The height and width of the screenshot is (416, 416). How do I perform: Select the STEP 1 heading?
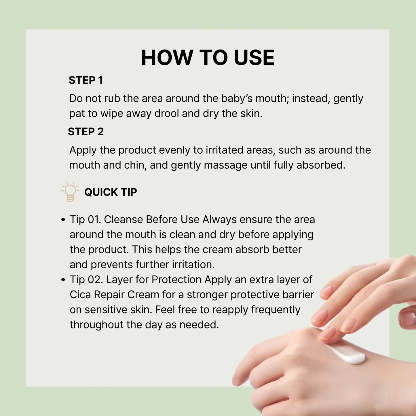coord(86,80)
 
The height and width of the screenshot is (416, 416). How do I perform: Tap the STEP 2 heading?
coord(86,132)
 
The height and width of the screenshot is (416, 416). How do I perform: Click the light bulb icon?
coord(70,192)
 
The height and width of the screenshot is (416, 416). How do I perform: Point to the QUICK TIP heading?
coord(111,192)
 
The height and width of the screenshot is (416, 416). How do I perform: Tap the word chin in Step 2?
coord(135,165)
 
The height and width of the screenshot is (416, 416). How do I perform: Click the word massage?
coord(226,166)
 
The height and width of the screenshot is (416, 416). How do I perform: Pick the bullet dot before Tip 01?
coord(63,220)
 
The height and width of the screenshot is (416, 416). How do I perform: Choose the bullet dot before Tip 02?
coord(63,280)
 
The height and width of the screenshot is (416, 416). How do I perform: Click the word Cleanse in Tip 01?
coord(123,220)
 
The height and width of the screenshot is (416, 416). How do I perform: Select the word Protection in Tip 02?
coord(176,280)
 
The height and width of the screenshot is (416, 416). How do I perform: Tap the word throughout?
coord(96,325)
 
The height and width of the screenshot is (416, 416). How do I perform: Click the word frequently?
coord(276,310)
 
